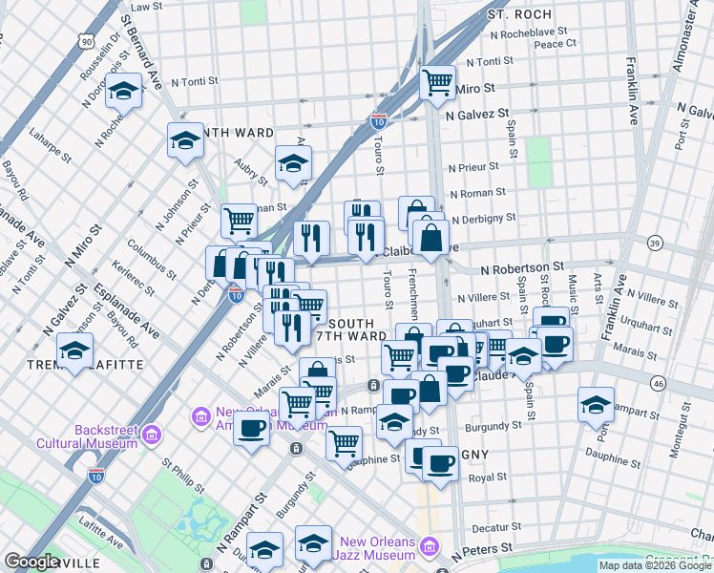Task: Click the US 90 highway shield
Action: point(87,42)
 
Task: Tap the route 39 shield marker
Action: point(654,244)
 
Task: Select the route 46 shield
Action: point(659,383)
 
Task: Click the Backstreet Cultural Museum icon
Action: point(150,437)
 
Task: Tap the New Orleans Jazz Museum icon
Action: point(430,547)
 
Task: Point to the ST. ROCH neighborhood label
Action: point(519,15)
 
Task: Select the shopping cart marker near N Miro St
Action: point(437,83)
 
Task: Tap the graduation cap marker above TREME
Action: point(74,351)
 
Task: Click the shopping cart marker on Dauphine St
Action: point(344,442)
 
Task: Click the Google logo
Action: point(31,561)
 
